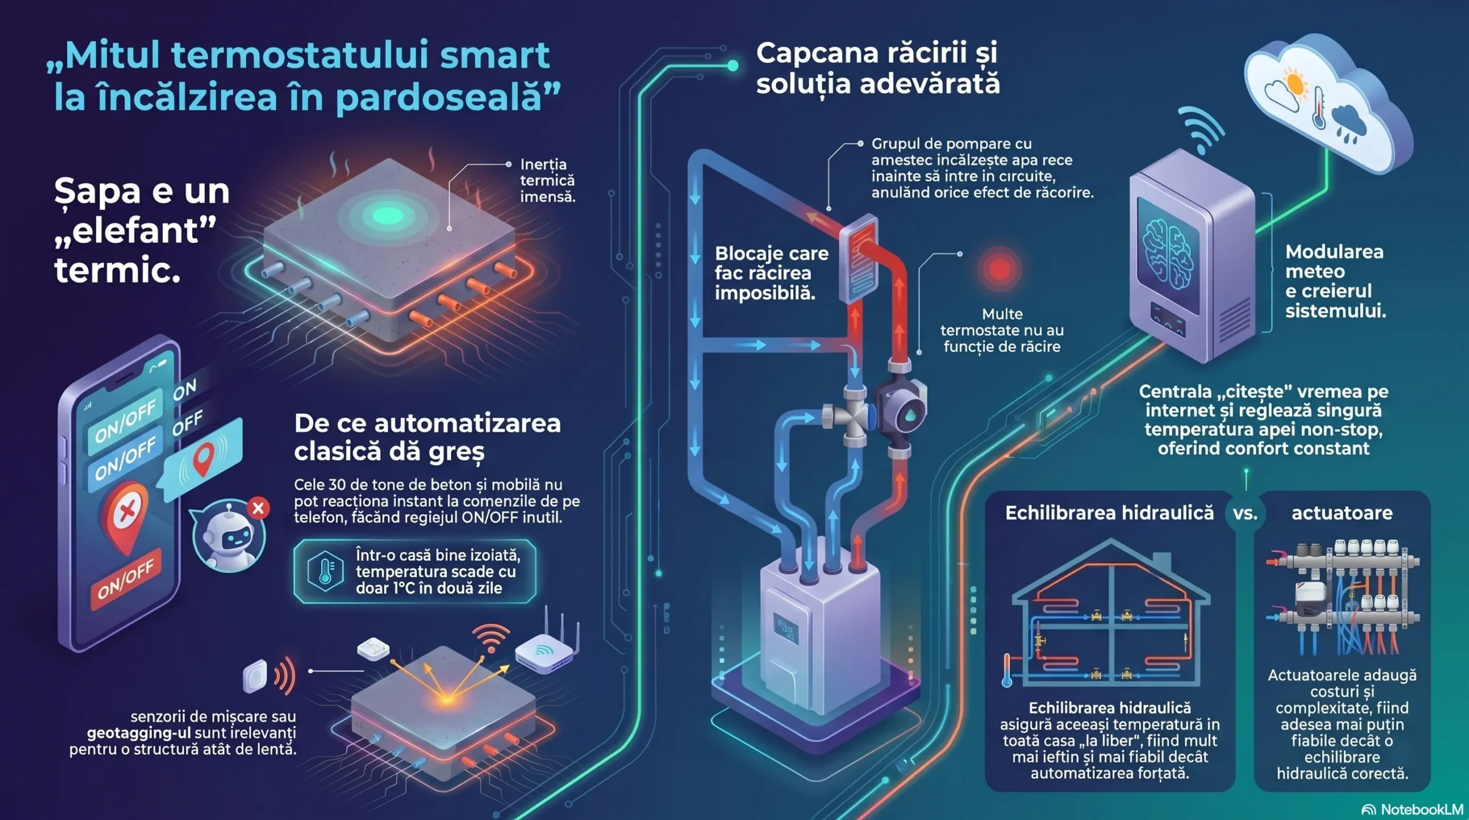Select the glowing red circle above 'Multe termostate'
999,269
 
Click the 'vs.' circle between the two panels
1244,513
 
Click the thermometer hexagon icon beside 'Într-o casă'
325,571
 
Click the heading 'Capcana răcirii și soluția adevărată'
878,68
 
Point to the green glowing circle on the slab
387,215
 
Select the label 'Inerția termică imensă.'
548,181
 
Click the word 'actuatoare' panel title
1342,513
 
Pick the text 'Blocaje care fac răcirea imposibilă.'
771,273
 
